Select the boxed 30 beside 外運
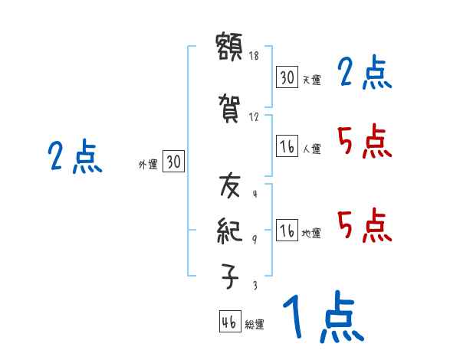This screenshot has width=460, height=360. (x=173, y=162)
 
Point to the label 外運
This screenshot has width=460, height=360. (x=147, y=164)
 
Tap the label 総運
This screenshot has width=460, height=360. (x=255, y=325)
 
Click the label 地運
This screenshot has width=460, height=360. (x=311, y=234)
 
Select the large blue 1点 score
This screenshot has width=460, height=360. (x=322, y=319)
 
